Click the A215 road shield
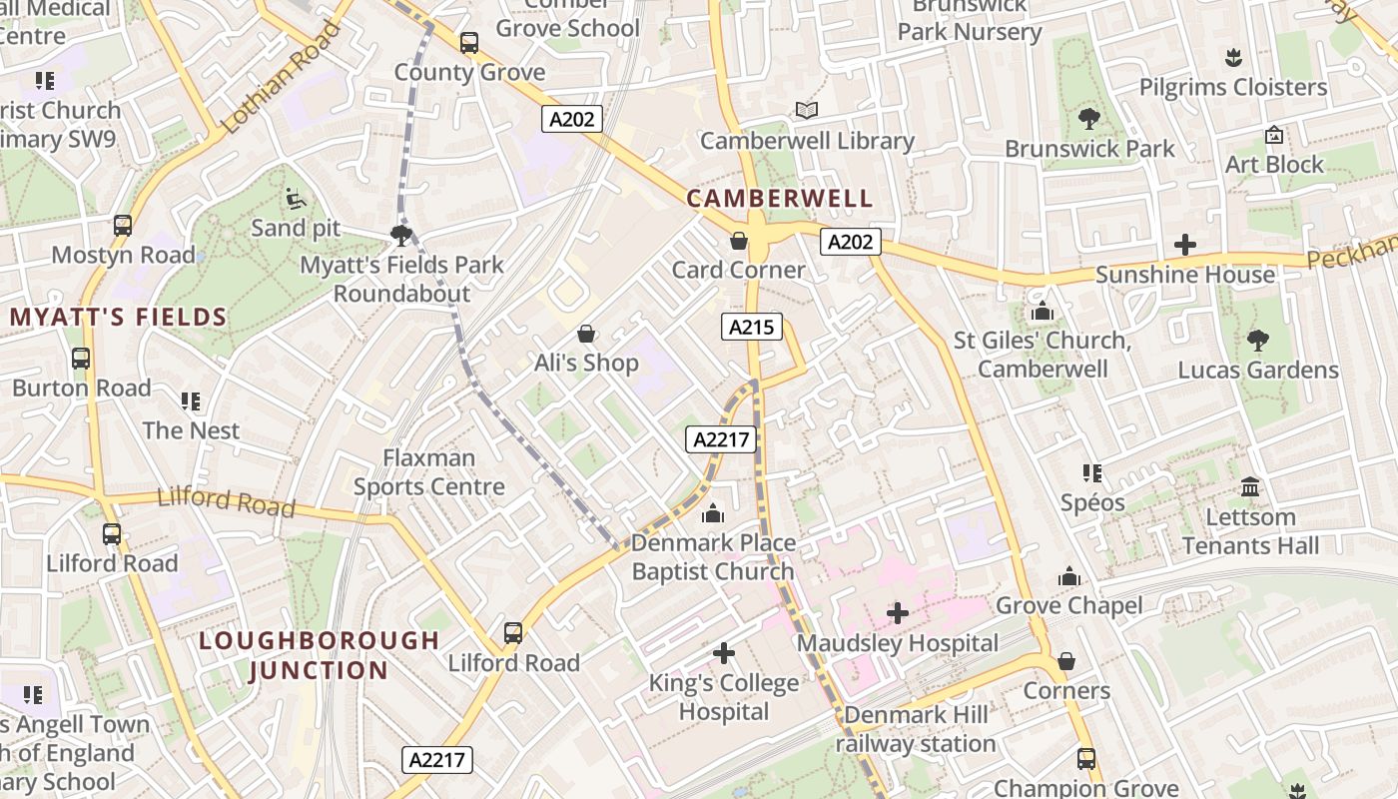pyautogui.click(x=751, y=327)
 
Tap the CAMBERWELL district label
pyautogui.click(x=780, y=198)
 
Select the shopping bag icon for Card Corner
pyautogui.click(x=739, y=241)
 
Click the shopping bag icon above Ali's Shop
pyautogui.click(x=586, y=333)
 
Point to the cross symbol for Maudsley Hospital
pyautogui.click(x=897, y=612)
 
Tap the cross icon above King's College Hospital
pyautogui.click(x=724, y=653)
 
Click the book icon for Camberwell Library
pyautogui.click(x=807, y=110)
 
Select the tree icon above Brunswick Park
pyautogui.click(x=1088, y=119)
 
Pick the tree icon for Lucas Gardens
pyautogui.click(x=1257, y=340)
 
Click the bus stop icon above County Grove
pyautogui.click(x=469, y=43)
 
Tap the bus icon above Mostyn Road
pyautogui.click(x=123, y=226)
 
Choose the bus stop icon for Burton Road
pyautogui.click(x=81, y=359)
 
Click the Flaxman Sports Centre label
pyautogui.click(x=429, y=472)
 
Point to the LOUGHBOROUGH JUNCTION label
pyautogui.click(x=319, y=655)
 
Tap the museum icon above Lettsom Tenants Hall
pyautogui.click(x=1249, y=487)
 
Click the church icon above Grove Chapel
pyautogui.click(x=1069, y=576)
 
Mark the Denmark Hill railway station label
pyautogui.click(x=916, y=729)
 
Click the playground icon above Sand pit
pyautogui.click(x=296, y=199)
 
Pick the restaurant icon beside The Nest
pyautogui.click(x=191, y=401)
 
